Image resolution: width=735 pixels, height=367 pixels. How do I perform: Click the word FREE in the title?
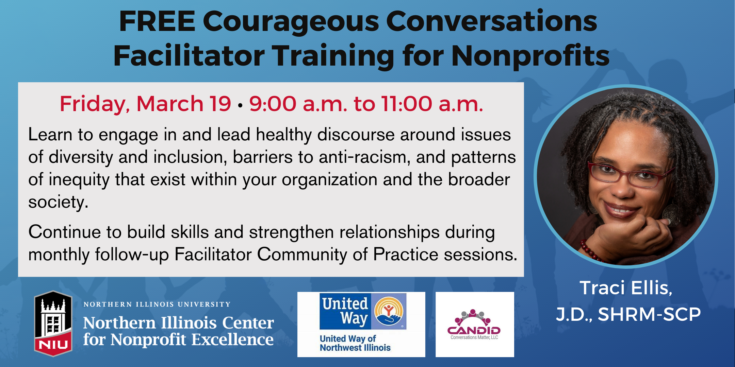pyautogui.click(x=157, y=22)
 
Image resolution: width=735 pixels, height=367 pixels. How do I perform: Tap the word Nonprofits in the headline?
pyautogui.click(x=530, y=56)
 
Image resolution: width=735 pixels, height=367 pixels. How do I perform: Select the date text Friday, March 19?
pyautogui.click(x=145, y=104)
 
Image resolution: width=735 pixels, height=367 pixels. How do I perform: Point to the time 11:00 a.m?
pyautogui.click(x=432, y=104)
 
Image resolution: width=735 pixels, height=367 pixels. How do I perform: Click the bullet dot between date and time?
pyautogui.click(x=240, y=106)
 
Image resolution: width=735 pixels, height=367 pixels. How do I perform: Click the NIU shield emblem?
pyautogui.click(x=53, y=324)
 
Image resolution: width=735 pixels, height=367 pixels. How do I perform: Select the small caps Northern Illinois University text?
pyautogui.click(x=157, y=304)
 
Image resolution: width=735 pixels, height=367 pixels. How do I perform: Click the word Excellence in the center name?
pyautogui.click(x=232, y=339)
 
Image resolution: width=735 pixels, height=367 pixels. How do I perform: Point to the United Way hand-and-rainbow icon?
pyautogui.click(x=389, y=311)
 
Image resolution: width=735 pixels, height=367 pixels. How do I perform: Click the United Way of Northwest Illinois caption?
pyautogui.click(x=355, y=343)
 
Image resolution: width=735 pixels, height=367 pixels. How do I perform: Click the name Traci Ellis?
pyautogui.click(x=626, y=288)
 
